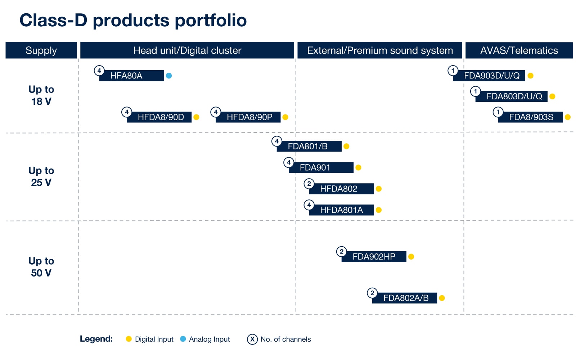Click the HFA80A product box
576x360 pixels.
click(x=131, y=76)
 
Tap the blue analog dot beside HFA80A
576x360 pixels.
click(x=169, y=76)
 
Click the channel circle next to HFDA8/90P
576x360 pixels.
click(x=216, y=112)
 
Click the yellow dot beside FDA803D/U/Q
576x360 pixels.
click(x=552, y=96)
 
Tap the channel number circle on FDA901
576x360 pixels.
click(x=289, y=162)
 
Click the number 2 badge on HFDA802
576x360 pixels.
click(x=309, y=184)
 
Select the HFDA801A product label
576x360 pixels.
click(x=341, y=210)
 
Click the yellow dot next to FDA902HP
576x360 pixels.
click(x=411, y=257)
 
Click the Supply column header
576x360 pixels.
click(x=41, y=50)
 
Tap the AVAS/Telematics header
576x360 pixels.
click(x=519, y=50)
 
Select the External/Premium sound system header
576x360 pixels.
click(x=379, y=50)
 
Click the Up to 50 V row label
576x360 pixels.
click(x=41, y=267)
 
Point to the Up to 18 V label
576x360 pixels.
click(x=41, y=95)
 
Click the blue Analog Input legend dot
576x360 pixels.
click(x=183, y=339)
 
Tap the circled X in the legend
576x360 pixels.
click(x=252, y=339)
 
